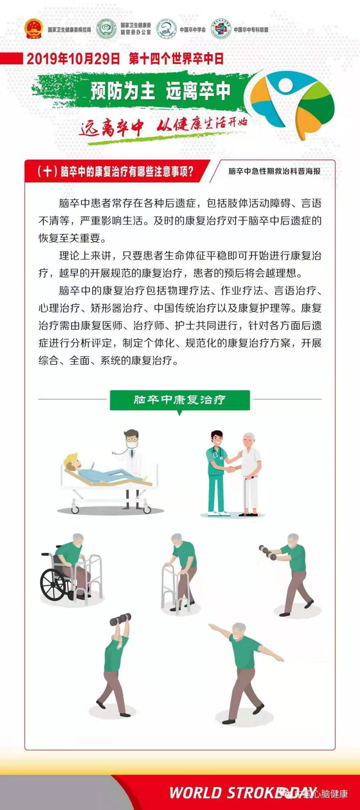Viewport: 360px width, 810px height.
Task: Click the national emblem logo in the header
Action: [34, 29]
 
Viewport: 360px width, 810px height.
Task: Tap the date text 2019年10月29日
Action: [73, 59]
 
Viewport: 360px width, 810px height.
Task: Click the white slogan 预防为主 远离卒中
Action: [160, 91]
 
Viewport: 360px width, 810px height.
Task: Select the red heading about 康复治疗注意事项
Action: [115, 171]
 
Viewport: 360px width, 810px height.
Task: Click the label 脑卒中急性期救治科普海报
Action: [274, 171]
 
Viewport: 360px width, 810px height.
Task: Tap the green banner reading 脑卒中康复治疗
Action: [180, 400]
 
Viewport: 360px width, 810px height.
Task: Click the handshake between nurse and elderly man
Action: [230, 469]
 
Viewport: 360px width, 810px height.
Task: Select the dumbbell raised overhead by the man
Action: [120, 619]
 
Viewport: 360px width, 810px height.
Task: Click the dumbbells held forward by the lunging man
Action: [268, 553]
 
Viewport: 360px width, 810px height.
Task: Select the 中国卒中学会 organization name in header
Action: [193, 30]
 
